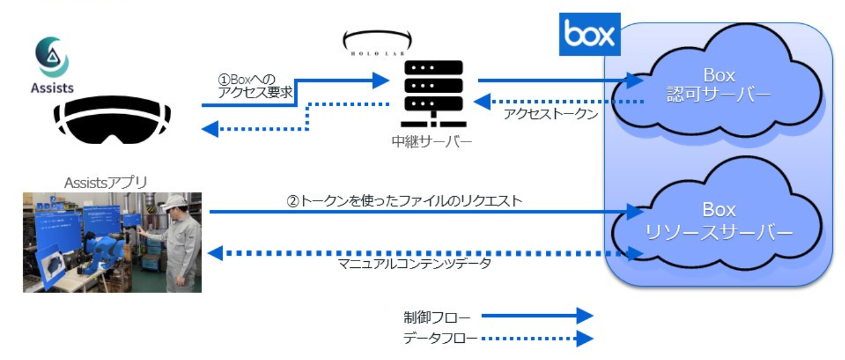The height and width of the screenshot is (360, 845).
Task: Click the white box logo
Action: (590, 34)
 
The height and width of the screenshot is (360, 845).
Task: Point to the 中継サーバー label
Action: (432, 142)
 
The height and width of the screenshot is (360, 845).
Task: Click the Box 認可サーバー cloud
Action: (719, 86)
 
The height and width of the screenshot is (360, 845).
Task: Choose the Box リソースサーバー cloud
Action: (719, 221)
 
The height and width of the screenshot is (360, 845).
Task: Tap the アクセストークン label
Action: (551, 114)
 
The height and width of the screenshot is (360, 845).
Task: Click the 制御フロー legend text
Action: (437, 317)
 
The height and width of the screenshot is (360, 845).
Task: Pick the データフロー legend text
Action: (437, 338)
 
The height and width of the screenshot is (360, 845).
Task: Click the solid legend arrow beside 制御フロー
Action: (537, 316)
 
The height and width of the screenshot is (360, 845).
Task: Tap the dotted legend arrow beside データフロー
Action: (537, 338)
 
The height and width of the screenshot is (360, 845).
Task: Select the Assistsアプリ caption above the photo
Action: (105, 182)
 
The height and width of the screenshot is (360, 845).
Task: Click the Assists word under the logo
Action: (52, 88)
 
